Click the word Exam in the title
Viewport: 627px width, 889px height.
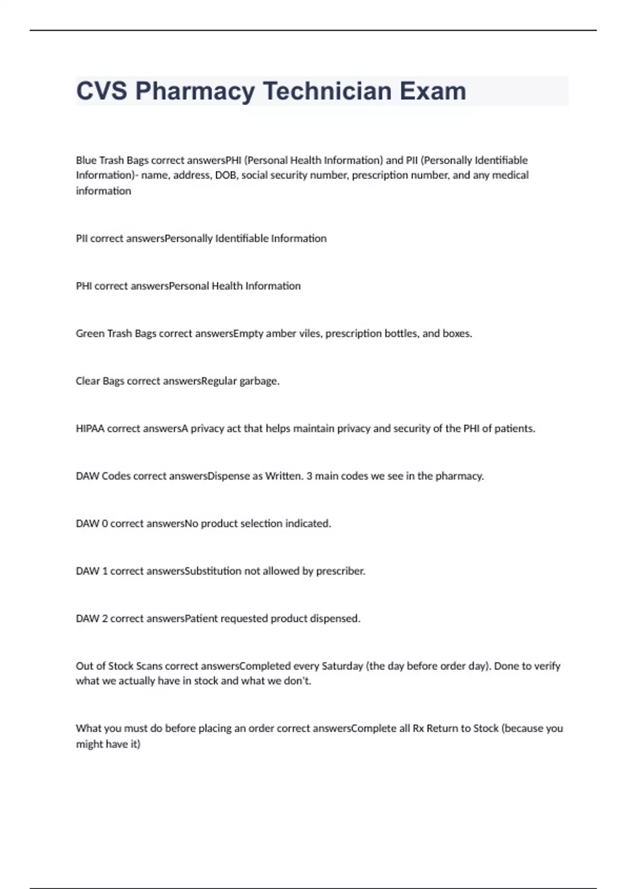click(x=433, y=91)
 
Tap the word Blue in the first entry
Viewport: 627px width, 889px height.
click(x=86, y=160)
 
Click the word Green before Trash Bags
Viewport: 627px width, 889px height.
click(x=90, y=334)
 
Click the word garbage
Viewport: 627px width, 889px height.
click(x=259, y=381)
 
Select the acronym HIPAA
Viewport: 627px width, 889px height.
click(x=90, y=429)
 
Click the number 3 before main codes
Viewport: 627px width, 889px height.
click(x=310, y=476)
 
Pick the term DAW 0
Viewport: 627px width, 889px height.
click(x=92, y=523)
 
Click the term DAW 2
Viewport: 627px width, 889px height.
click(x=92, y=619)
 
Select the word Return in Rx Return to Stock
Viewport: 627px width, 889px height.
click(x=442, y=728)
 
